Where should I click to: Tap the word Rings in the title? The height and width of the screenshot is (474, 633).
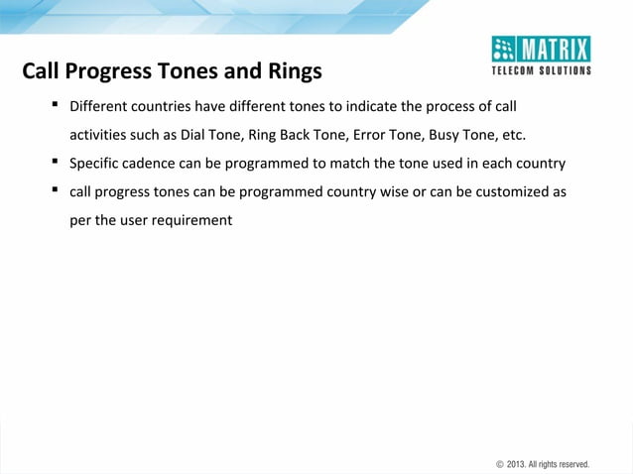coord(292,71)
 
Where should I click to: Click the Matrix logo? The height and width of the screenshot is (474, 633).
coord(541,49)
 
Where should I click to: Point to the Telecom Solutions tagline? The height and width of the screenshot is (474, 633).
coord(542,70)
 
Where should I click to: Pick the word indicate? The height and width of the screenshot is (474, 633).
coord(373,106)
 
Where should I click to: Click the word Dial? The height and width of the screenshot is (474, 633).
coord(195,135)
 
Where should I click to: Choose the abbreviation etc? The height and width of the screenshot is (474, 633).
coord(513,135)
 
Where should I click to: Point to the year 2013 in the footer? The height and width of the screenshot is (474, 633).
coord(516,463)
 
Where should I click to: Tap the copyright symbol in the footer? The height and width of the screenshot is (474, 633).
coord(499,463)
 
